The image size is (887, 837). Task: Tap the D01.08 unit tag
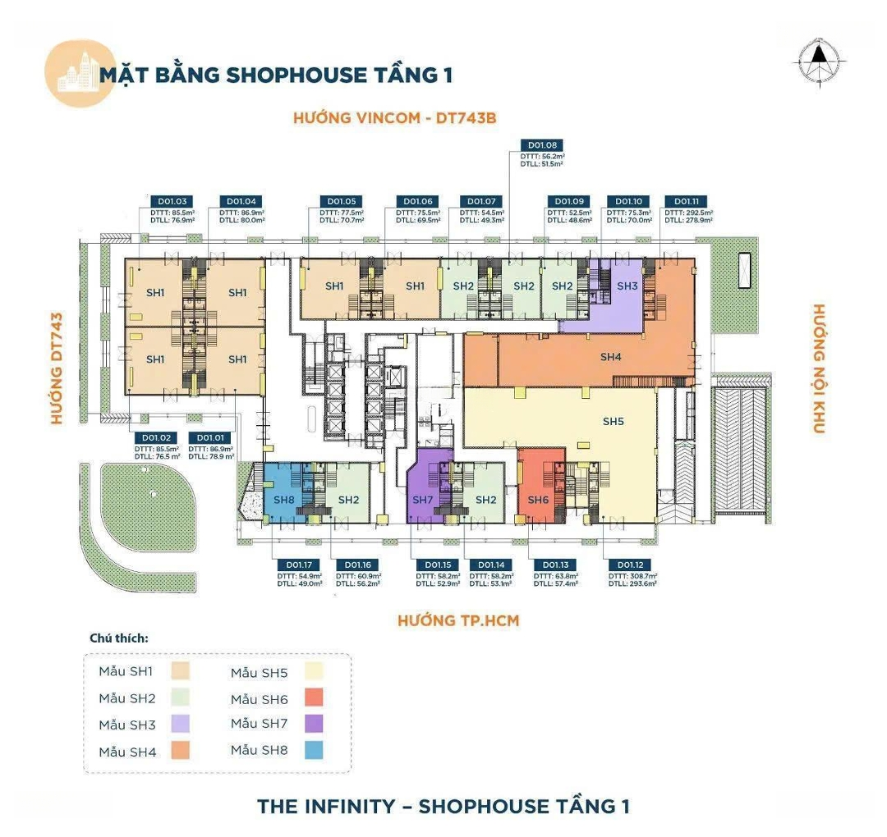pos(540,145)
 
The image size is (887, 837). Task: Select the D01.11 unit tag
pos(687,201)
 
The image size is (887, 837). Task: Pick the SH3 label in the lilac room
pos(627,286)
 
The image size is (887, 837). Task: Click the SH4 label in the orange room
pos(611,356)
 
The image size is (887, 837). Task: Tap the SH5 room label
pos(614,421)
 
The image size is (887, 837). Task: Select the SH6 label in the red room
pos(538,500)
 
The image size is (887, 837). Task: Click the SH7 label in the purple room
pos(423,500)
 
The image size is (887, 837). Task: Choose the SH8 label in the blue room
pos(284,500)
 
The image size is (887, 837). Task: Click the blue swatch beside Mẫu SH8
pos(314,750)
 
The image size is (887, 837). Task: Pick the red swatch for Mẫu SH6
pos(314,697)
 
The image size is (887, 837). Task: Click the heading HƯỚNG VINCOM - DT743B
pos(395,118)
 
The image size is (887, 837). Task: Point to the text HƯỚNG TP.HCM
pos(458,620)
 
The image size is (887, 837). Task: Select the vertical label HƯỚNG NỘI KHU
pos(819,368)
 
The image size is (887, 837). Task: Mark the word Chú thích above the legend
pos(118,638)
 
